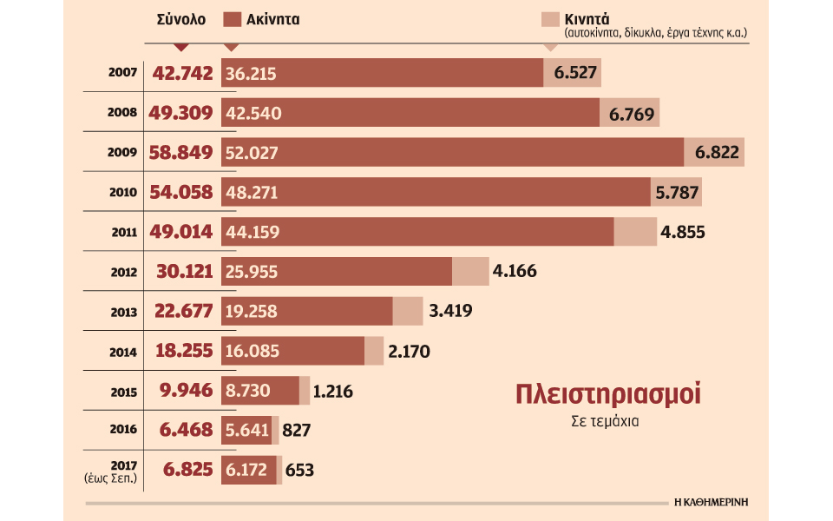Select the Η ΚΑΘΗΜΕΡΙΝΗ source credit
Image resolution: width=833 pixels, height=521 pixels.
[712, 502]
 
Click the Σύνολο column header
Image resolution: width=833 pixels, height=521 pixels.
[181, 20]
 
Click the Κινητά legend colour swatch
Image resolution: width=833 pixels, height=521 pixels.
[549, 20]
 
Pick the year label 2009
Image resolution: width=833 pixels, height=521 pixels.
[121, 153]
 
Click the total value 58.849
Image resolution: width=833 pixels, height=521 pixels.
[182, 153]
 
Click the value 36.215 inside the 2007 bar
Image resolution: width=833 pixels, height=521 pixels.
[250, 74]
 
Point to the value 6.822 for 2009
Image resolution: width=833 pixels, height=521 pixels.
[717, 153]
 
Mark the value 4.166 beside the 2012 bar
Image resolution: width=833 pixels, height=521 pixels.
[514, 271]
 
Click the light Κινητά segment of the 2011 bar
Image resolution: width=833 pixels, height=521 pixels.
[635, 232]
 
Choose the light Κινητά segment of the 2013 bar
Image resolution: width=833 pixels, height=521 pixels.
[408, 311]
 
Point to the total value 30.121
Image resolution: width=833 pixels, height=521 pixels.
[184, 271]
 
